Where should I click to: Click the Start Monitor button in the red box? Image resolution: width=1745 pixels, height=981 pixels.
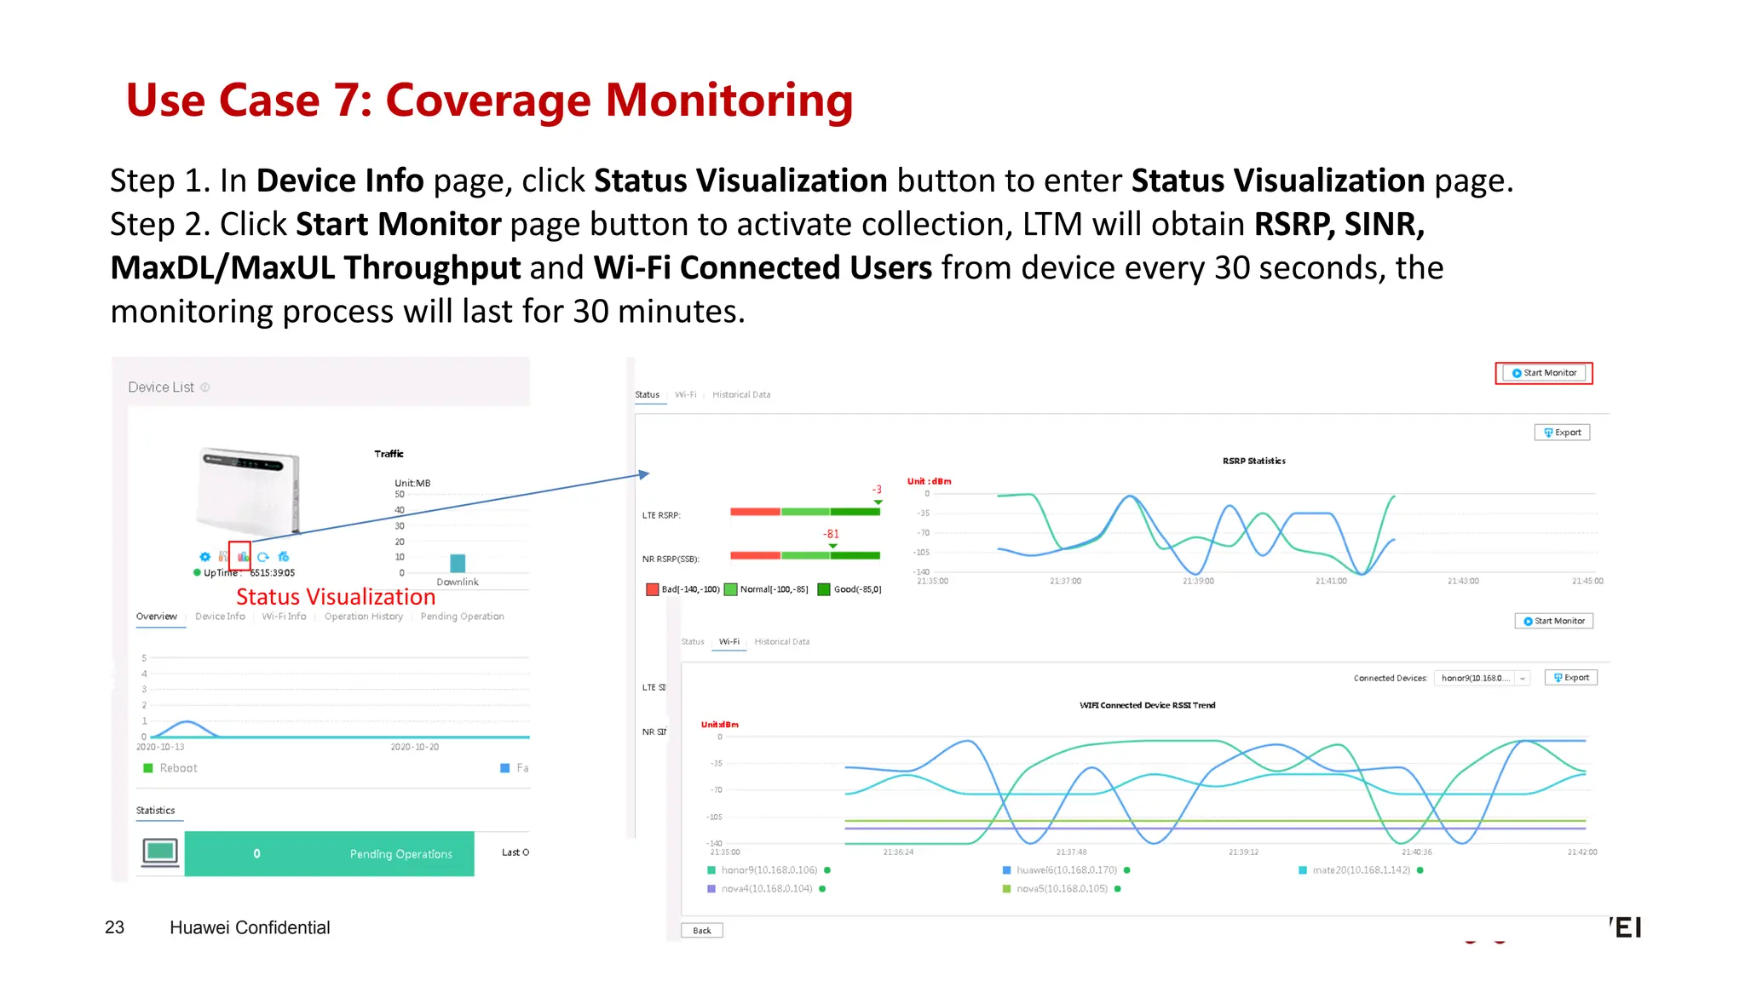[1543, 373]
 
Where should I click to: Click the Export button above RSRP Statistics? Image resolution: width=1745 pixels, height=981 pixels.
[1562, 433]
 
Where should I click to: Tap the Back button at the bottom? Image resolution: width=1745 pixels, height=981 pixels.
[701, 931]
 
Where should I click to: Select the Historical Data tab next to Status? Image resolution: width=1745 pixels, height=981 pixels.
[740, 395]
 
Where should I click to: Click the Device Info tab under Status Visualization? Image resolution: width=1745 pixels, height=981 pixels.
[220, 617]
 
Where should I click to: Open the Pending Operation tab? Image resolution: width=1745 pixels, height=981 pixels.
[462, 617]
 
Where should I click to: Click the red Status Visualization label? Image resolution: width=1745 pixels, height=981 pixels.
[336, 597]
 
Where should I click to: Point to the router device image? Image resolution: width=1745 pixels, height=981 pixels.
[248, 490]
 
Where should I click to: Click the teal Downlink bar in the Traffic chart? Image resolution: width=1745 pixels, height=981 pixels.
[458, 563]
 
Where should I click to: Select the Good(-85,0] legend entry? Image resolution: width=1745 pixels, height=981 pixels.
[849, 589]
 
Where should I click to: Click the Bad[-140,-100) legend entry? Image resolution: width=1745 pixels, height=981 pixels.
[683, 589]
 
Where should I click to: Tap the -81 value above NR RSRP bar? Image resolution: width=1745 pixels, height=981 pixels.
[831, 534]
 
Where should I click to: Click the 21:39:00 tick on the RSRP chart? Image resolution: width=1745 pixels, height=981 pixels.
[1198, 582]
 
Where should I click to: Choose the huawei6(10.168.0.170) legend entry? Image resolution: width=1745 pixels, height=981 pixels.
[1066, 870]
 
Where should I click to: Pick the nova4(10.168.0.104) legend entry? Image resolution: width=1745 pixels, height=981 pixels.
[766, 889]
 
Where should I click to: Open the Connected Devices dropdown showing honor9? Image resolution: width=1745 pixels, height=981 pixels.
[1482, 679]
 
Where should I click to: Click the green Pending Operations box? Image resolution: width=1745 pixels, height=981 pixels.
[329, 854]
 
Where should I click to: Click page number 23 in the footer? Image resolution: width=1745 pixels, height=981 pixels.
[114, 927]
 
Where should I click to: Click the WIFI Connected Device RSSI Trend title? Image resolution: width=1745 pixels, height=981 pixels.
[1147, 705]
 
